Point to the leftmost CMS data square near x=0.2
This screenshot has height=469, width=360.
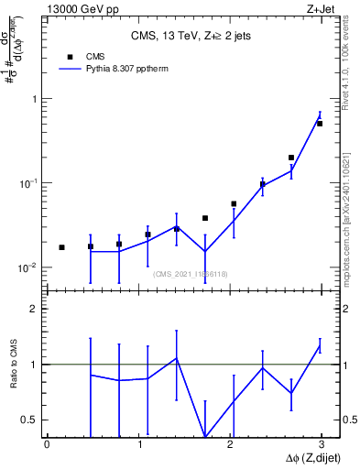click(61, 247)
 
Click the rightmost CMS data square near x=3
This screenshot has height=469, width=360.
click(320, 124)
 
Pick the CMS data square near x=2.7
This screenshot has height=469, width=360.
click(291, 158)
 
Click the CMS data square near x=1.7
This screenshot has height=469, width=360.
click(205, 218)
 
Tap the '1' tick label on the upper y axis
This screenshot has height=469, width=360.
click(36, 99)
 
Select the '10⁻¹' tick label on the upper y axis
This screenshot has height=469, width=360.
click(30, 183)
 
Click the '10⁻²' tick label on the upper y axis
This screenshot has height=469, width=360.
click(30, 267)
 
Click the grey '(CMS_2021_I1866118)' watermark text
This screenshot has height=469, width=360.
click(189, 274)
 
